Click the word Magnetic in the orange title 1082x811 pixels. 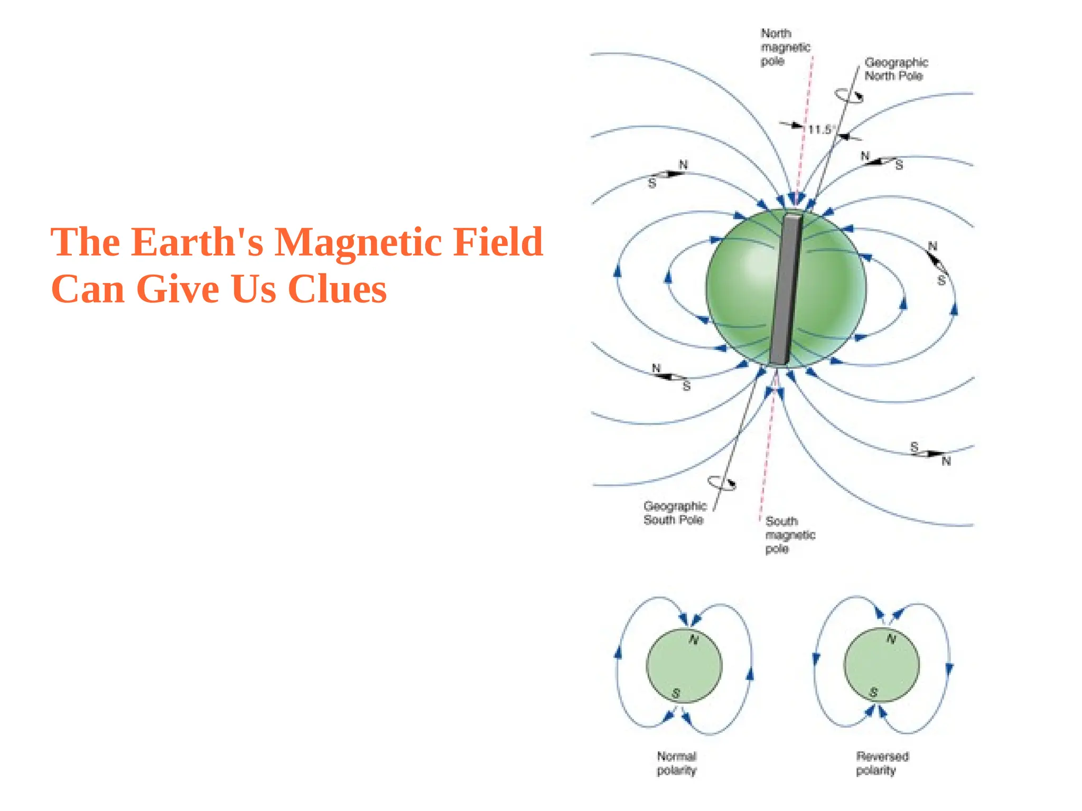click(358, 242)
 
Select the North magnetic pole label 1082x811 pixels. click(785, 48)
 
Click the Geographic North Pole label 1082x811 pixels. click(896, 69)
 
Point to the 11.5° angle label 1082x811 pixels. click(819, 129)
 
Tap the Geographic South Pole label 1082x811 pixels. click(675, 513)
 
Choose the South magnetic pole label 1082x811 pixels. click(790, 535)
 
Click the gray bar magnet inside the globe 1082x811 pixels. click(786, 289)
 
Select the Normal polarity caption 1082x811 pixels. click(677, 763)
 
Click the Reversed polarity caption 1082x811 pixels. click(882, 763)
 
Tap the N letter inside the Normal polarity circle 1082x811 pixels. click(694, 640)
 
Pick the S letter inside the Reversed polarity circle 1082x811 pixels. click(873, 692)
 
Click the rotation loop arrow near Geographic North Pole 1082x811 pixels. click(848, 96)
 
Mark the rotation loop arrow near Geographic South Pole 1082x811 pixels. click(722, 483)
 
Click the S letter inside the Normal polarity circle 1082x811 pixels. click(676, 693)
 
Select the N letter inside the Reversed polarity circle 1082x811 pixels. click(891, 639)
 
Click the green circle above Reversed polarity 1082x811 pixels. click(882, 665)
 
